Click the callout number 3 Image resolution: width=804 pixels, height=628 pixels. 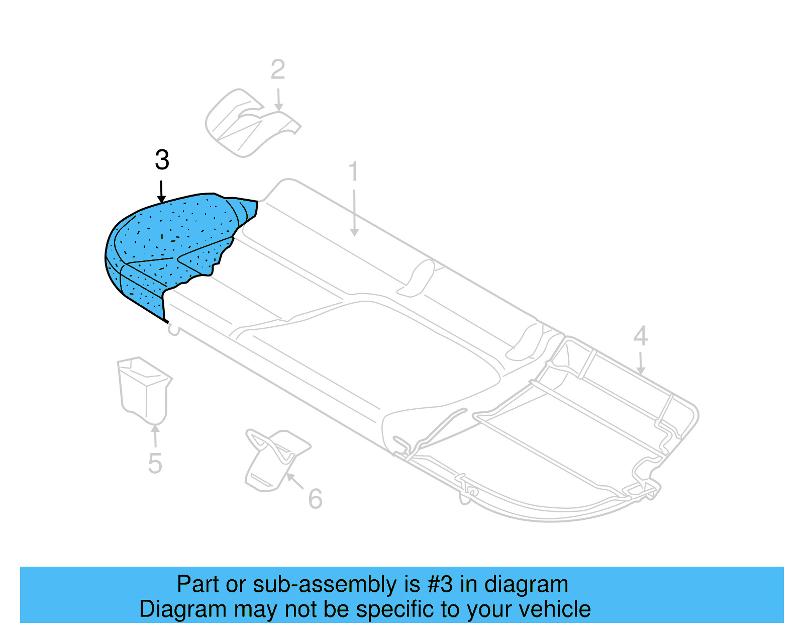162,160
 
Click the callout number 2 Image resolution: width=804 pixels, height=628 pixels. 278,70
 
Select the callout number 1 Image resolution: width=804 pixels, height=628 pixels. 354,171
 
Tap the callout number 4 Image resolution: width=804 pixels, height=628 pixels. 640,336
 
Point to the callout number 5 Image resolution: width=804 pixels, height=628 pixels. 155,464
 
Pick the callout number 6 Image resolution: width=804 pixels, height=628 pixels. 315,499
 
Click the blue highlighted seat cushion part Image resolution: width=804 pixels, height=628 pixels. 171,241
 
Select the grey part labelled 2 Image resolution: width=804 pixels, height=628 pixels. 246,123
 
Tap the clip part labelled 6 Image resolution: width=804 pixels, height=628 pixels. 274,458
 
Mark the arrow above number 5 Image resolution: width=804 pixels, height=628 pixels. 155,435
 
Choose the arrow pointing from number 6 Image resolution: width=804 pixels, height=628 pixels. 295,481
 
